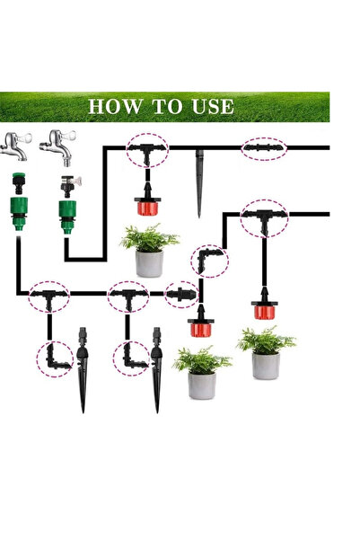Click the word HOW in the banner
click(115, 106)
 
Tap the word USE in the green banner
click(213, 106)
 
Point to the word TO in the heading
click(167, 106)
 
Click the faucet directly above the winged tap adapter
click(57, 147)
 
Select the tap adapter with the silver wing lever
click(70, 186)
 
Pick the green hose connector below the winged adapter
click(67, 217)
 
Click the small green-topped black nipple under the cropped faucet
click(19, 183)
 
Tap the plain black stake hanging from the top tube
click(199, 183)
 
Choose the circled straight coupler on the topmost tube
click(263, 148)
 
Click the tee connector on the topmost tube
click(147, 152)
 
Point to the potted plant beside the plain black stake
click(149, 251)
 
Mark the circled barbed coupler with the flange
click(181, 294)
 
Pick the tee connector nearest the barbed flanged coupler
click(128, 297)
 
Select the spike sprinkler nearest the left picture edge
click(83, 368)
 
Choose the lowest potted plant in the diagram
click(202, 373)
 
